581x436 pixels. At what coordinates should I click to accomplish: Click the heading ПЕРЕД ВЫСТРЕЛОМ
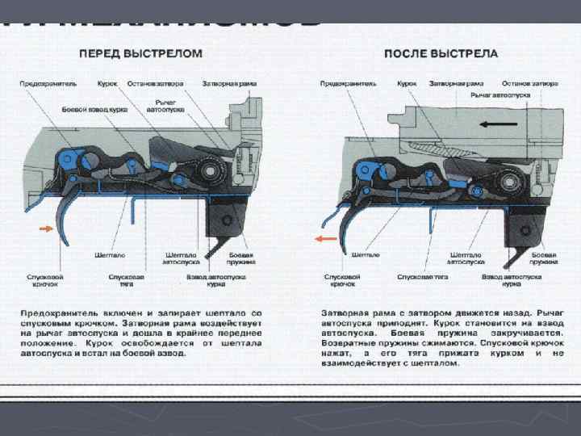140,53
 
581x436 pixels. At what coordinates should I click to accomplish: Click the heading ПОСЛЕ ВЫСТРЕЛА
441,53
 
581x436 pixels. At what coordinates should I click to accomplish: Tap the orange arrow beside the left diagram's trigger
44,229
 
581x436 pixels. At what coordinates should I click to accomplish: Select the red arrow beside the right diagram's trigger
326,239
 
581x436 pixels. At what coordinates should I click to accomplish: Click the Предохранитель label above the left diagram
48,83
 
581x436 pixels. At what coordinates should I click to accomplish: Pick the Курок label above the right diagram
408,83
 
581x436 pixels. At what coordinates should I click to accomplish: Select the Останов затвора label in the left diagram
157,83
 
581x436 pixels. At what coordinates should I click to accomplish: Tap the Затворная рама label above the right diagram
457,83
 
